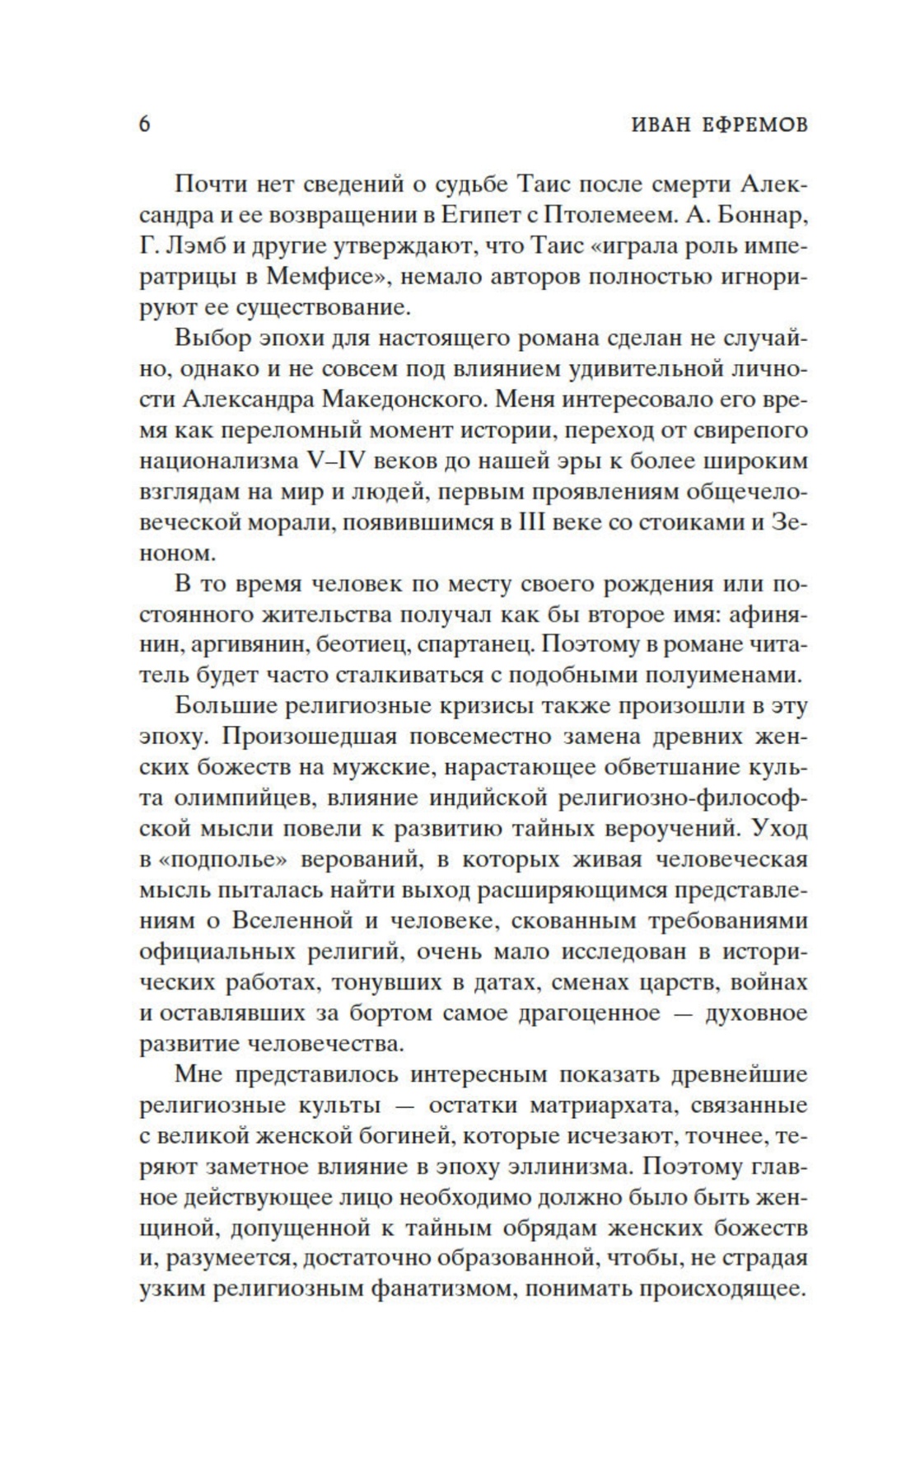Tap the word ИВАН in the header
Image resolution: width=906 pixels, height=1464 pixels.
coord(664,124)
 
